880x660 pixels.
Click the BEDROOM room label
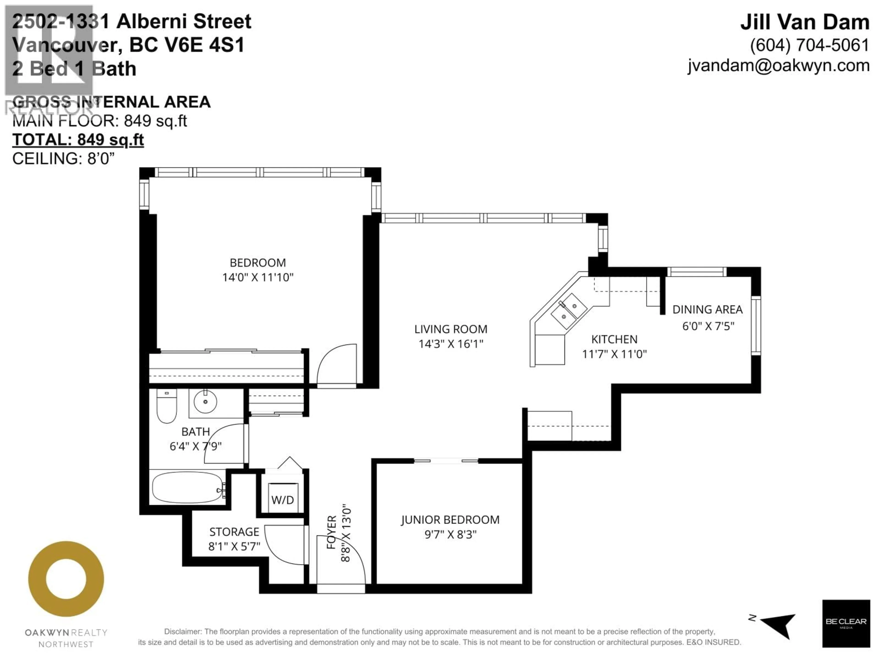257,263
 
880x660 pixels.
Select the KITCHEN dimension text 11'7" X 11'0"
614,354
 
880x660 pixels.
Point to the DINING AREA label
707,310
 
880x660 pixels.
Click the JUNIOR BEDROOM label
450,520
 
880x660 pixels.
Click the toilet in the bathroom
167,406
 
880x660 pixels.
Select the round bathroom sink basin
205,402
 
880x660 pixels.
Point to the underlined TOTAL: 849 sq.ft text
78,140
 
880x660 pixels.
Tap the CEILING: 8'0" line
63,159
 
